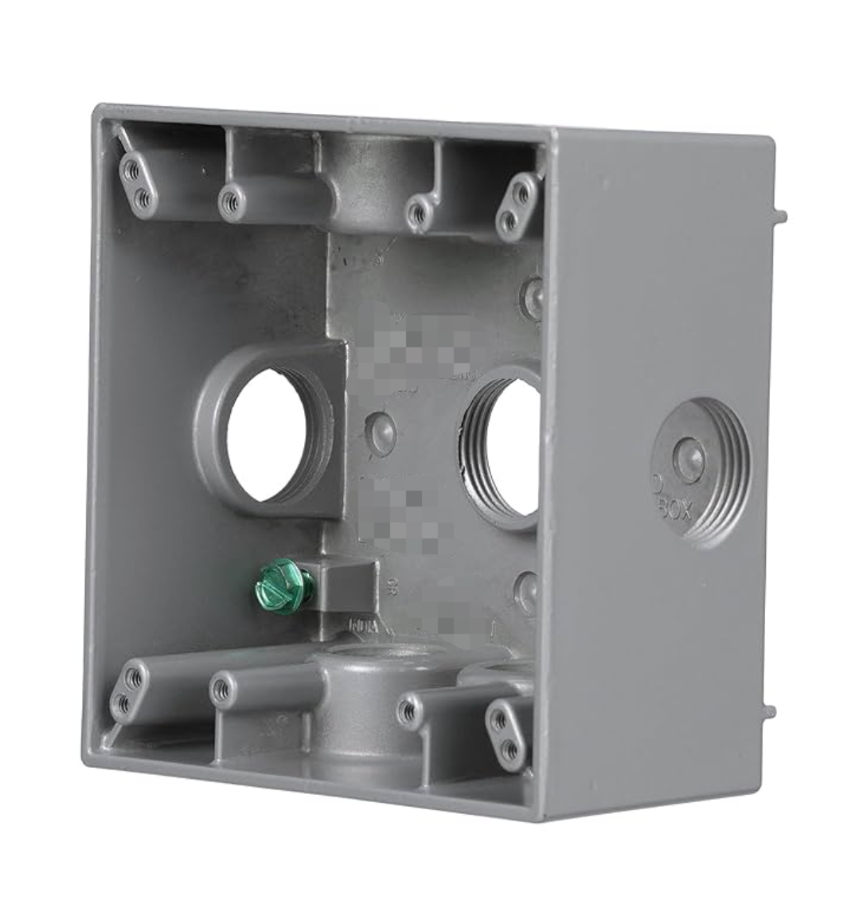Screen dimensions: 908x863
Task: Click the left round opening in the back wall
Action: (267, 435)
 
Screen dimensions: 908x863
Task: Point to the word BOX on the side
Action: (674, 510)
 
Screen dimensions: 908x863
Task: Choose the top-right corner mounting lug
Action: (517, 205)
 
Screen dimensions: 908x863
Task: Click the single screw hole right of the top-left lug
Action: (230, 202)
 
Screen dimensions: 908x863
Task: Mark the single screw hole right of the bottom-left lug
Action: (222, 690)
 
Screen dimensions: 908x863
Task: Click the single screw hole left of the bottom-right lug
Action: (409, 710)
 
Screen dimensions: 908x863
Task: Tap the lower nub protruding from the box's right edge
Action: (769, 711)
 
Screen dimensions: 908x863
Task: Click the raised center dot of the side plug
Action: (688, 460)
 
